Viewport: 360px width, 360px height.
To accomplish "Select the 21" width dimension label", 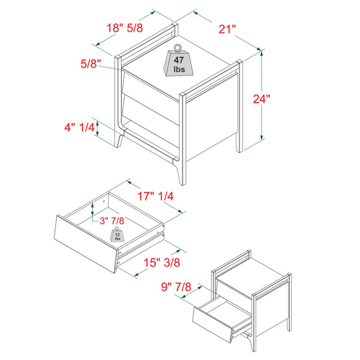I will pyautogui.click(x=227, y=28).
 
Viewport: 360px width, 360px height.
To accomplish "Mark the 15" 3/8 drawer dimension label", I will pyautogui.click(x=160, y=262).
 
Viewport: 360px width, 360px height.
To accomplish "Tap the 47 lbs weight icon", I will pyautogui.click(x=179, y=61).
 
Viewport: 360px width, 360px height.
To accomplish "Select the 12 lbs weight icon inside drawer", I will pyautogui.click(x=118, y=235).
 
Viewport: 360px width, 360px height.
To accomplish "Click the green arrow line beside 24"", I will pyautogui.click(x=262, y=96).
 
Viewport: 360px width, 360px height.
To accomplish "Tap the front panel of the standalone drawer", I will pyautogui.click(x=85, y=243).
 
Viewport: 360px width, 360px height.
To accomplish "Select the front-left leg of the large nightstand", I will pyautogui.click(x=122, y=144).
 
